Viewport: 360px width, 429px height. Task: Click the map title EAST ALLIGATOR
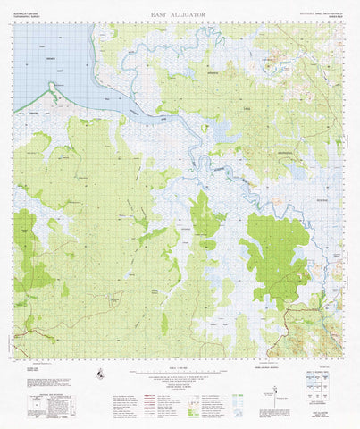180,15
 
